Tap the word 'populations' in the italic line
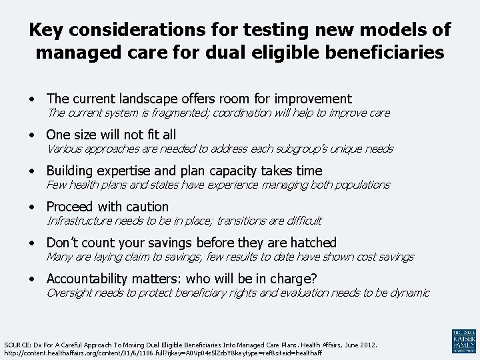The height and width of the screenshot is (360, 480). (357, 185)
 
